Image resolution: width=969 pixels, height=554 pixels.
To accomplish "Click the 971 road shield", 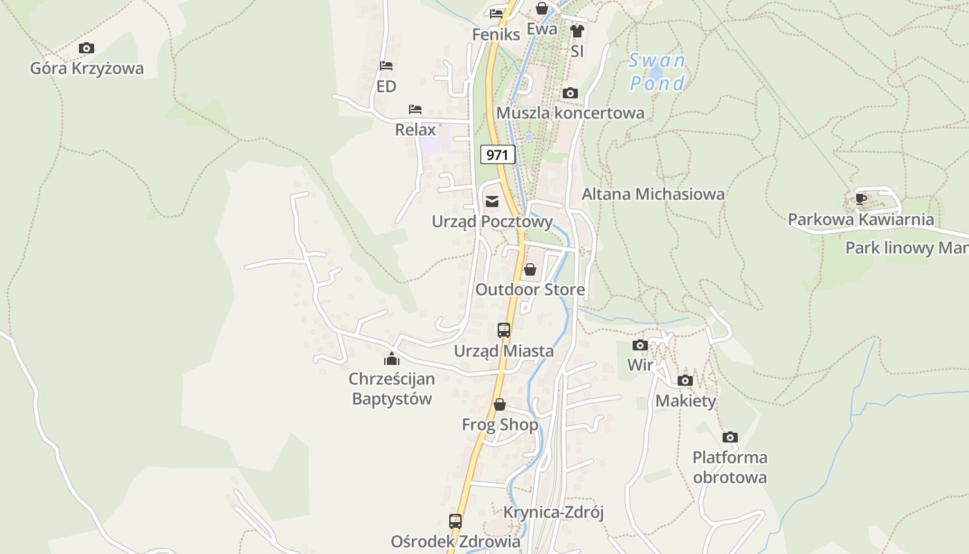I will pos(498,154).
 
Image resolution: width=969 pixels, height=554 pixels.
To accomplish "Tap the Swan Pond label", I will pos(657,72).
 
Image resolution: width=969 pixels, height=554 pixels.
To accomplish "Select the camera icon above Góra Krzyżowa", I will pos(87,48).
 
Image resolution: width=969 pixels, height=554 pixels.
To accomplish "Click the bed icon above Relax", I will pos(415,109).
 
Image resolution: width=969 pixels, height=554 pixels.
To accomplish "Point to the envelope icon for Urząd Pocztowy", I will pos(492,202).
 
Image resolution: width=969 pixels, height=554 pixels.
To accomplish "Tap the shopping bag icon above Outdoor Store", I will pos(530,269).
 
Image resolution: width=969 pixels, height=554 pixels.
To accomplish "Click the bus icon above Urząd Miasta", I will pos(504,330).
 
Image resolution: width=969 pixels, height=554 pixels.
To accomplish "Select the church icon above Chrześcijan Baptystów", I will pos(392,359).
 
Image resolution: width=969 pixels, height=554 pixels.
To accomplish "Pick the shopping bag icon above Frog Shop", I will pos(500,404).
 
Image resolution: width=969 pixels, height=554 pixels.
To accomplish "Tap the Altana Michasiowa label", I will pos(653,194).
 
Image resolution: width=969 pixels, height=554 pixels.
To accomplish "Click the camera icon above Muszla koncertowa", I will pos(570,93).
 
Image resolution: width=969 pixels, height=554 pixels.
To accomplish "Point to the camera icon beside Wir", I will pos(640,345).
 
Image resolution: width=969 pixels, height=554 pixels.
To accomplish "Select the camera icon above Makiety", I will pos(685,380).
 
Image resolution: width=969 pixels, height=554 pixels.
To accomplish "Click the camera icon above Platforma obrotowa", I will pos(730,437).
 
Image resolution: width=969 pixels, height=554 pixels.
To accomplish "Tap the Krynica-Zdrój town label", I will pos(554,512).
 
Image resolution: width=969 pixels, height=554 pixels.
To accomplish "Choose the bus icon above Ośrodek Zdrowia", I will pos(455,521).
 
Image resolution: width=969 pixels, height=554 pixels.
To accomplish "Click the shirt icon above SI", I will pos(577,31).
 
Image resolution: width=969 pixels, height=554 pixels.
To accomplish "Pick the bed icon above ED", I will pos(386,66).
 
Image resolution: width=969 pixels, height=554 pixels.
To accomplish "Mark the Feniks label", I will pos(496,34).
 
